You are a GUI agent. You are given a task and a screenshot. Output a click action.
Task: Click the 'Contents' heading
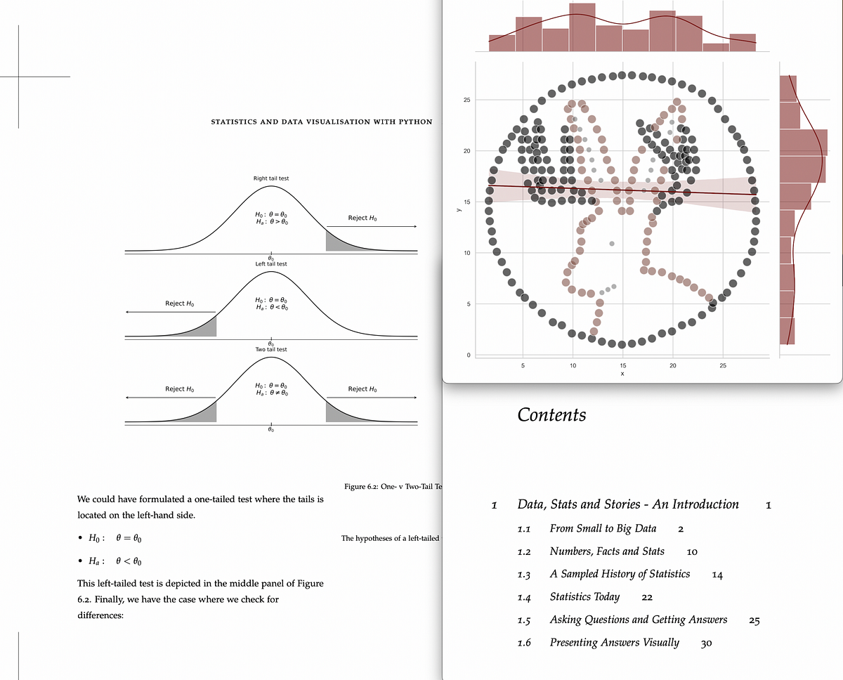551,415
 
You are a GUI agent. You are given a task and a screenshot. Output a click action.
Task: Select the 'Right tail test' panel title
271,178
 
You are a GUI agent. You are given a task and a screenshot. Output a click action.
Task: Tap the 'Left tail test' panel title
271,264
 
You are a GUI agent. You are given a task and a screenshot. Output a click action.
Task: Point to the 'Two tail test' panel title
271,349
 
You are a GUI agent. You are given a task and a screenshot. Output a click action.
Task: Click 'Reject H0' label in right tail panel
362,218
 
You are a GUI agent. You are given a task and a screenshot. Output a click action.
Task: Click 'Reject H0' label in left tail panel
179,303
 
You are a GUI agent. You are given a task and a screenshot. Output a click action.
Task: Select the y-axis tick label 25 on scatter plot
466,100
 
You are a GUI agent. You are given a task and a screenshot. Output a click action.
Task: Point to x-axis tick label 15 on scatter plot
622,365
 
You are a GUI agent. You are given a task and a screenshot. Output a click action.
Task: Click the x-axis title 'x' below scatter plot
622,374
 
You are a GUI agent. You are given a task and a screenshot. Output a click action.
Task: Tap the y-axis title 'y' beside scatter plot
458,209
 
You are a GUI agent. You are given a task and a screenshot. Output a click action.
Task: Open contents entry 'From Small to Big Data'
603,528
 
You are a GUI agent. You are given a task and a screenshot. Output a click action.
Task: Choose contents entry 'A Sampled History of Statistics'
620,574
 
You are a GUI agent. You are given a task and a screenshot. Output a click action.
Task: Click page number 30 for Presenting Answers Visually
706,643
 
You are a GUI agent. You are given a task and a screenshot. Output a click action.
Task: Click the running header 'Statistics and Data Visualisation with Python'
321,122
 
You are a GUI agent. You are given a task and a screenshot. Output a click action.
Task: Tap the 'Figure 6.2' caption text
391,486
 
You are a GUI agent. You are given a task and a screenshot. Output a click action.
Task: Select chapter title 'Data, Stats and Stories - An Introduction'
628,504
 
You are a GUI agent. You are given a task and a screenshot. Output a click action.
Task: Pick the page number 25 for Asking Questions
754,620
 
